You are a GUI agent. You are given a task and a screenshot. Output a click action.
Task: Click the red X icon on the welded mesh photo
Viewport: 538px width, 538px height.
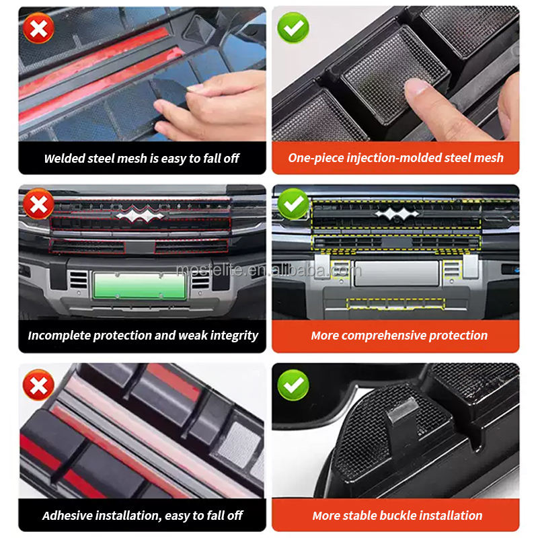38,28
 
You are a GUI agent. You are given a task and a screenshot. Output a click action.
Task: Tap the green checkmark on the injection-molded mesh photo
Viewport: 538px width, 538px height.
293,28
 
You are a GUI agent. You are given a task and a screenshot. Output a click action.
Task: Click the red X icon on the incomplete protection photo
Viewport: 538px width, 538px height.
38,204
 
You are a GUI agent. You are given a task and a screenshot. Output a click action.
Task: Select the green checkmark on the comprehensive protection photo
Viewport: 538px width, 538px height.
293,204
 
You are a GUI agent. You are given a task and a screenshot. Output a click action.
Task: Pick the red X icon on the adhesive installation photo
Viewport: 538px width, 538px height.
38,385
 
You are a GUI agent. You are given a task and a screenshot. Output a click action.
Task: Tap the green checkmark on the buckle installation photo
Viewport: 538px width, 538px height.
293,385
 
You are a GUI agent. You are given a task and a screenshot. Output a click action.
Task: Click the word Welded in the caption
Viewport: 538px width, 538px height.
65,158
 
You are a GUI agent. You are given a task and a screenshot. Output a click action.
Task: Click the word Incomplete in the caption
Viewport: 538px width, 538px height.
60,335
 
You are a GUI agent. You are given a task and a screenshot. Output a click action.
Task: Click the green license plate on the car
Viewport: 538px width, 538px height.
140,286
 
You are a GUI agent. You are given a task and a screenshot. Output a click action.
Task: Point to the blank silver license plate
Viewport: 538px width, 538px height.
397,274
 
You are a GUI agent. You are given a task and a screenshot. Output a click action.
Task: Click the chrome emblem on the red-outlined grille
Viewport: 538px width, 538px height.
140,214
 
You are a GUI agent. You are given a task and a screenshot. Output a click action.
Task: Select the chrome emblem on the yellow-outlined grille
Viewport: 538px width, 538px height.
397,213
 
